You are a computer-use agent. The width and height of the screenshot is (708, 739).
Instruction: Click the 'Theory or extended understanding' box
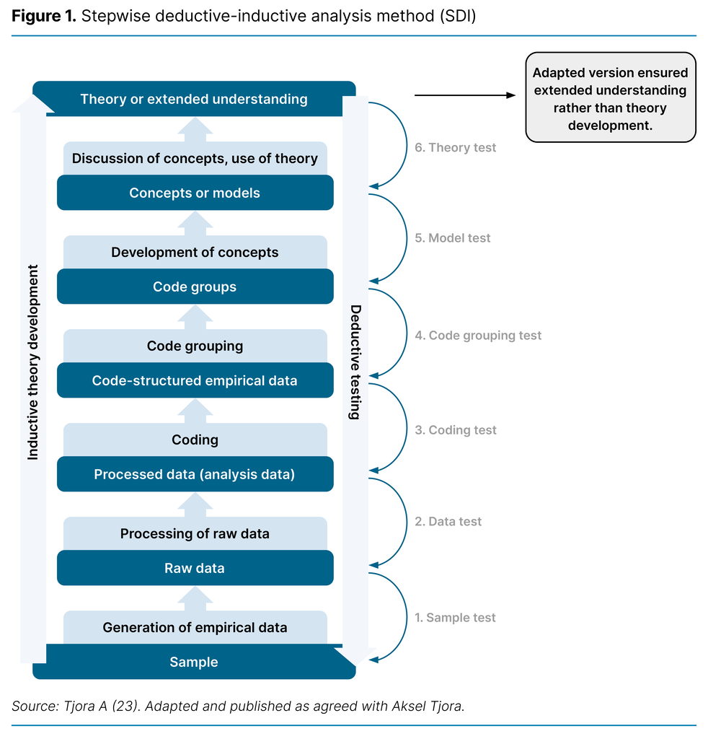pos(194,99)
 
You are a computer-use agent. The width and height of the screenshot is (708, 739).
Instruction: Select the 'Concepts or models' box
pos(195,193)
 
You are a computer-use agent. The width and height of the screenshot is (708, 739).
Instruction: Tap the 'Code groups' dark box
pos(195,287)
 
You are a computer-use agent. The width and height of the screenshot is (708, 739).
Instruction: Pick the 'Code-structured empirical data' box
pos(195,380)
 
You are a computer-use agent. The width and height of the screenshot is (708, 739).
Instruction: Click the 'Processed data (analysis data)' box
pos(195,474)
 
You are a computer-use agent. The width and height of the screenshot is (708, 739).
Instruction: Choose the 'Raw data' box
pos(195,568)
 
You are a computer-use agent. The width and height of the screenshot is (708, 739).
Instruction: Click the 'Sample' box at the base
pos(194,662)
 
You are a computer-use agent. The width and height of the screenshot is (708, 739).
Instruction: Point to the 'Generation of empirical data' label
pos(195,627)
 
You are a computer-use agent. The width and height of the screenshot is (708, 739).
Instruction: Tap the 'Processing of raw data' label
pos(195,533)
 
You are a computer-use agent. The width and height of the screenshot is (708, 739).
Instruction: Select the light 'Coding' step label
pos(195,440)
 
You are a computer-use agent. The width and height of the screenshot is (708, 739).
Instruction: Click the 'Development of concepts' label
pos(195,252)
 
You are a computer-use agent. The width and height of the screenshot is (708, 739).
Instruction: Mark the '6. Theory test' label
pos(455,147)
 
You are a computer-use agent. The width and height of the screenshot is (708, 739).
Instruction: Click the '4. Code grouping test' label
pos(477,335)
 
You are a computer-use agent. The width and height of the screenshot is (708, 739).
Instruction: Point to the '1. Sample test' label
pos(455,617)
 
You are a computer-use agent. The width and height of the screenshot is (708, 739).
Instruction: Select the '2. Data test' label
pos(448,521)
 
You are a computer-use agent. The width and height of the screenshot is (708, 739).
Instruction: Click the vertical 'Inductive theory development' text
pos(33,362)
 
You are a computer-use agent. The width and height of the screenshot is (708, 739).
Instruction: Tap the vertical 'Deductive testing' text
pos(355,362)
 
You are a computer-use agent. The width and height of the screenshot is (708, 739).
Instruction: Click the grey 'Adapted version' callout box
pos(610,97)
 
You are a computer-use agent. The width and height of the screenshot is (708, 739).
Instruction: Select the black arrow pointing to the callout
pos(466,95)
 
